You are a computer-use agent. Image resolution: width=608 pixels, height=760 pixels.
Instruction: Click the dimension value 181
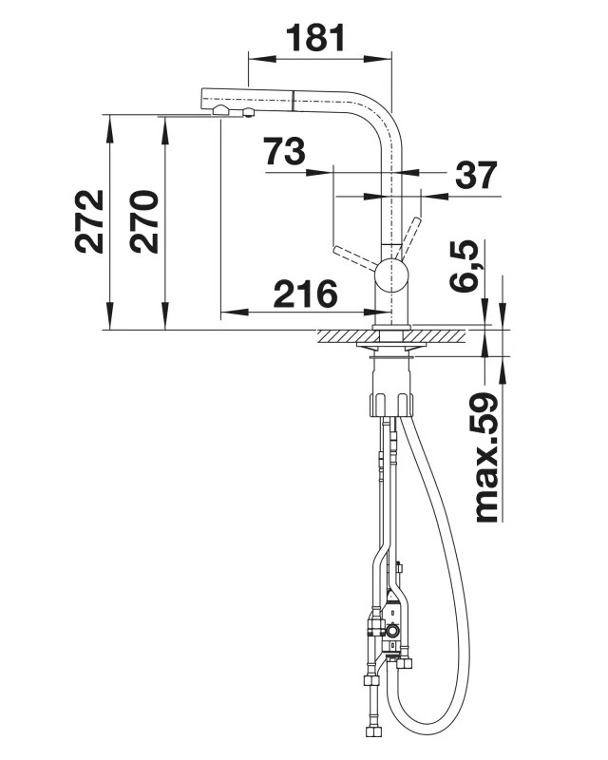click(x=315, y=37)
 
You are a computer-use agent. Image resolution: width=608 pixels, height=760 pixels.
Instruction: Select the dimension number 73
click(x=285, y=151)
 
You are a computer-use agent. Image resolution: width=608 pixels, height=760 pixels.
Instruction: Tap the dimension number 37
click(x=476, y=175)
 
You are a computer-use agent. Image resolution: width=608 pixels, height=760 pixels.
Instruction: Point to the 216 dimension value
click(x=306, y=294)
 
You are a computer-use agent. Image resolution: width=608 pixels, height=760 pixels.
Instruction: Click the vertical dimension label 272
click(x=89, y=221)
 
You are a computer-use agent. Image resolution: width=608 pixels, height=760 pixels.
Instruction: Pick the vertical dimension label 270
click(x=144, y=221)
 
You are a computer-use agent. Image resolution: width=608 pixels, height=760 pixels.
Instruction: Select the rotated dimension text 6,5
click(x=464, y=266)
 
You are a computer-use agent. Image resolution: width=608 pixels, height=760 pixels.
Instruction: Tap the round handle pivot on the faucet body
click(x=389, y=275)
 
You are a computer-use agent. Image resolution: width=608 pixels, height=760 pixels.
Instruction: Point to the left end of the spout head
click(x=201, y=99)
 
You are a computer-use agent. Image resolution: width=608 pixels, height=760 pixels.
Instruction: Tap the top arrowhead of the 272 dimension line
click(x=110, y=128)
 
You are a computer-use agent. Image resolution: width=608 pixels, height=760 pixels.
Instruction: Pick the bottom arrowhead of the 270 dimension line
click(x=165, y=316)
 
